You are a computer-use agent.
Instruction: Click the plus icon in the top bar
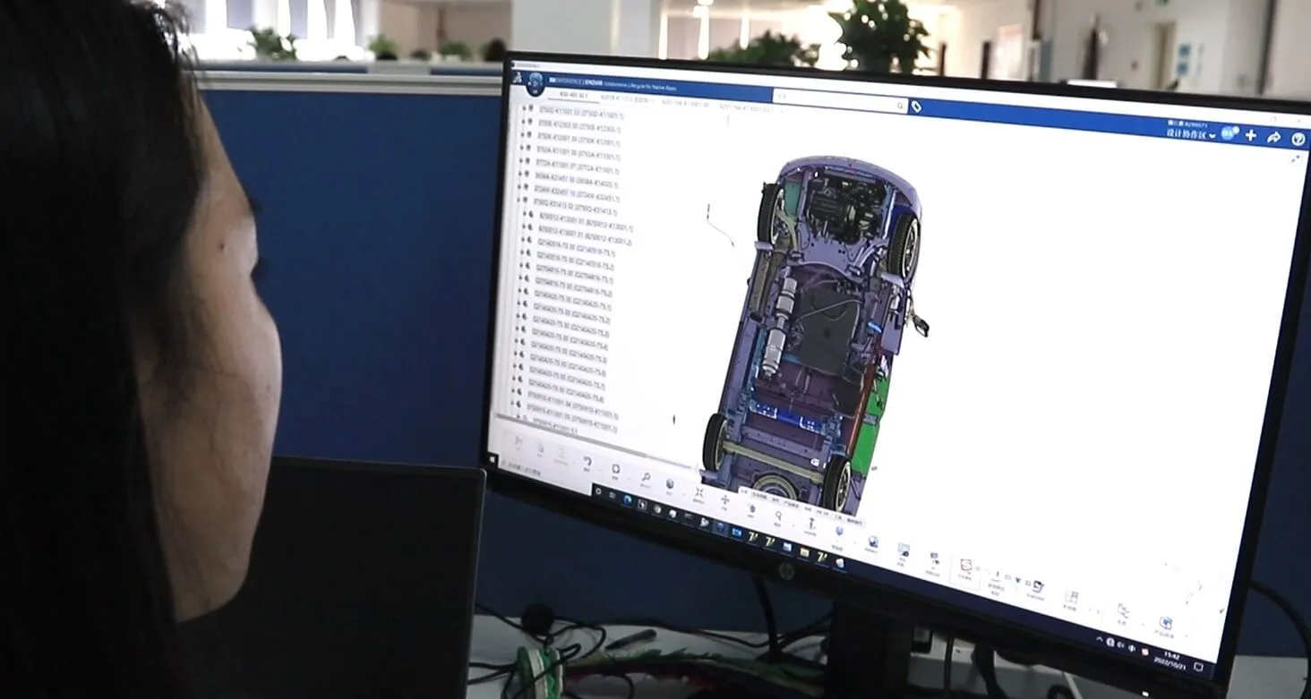[x=1251, y=136]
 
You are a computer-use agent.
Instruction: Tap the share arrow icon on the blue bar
[x=1274, y=138]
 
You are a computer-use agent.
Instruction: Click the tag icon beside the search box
[x=916, y=107]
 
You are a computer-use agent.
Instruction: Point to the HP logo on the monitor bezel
[x=785, y=571]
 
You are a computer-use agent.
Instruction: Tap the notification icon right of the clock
[x=1198, y=667]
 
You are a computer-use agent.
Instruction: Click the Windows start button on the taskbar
[x=598, y=490]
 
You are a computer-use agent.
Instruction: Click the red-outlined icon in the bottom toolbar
[x=965, y=567]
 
